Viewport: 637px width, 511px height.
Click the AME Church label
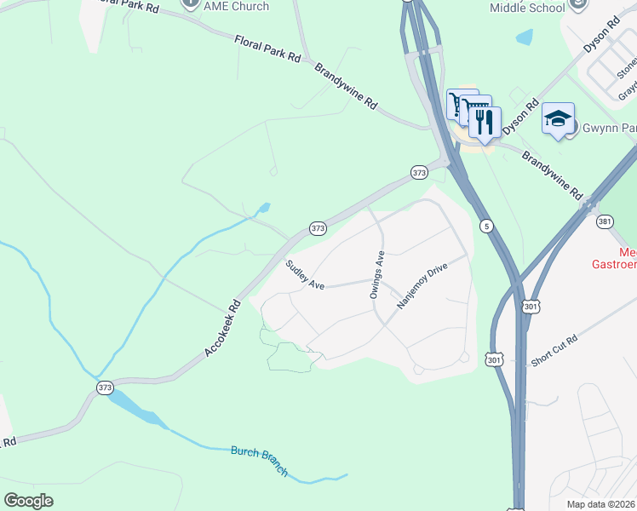coord(237,6)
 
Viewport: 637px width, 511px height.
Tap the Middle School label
coord(526,8)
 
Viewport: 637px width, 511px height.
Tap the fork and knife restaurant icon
coord(484,123)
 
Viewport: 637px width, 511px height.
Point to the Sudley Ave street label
coord(305,274)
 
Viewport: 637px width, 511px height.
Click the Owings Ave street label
coord(377,273)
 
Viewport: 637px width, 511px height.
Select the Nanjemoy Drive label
coord(422,285)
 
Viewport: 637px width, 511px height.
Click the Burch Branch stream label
coord(260,461)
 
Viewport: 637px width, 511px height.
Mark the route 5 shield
coord(485,226)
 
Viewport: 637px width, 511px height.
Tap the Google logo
coord(28,500)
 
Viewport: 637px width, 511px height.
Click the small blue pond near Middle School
coord(525,37)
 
